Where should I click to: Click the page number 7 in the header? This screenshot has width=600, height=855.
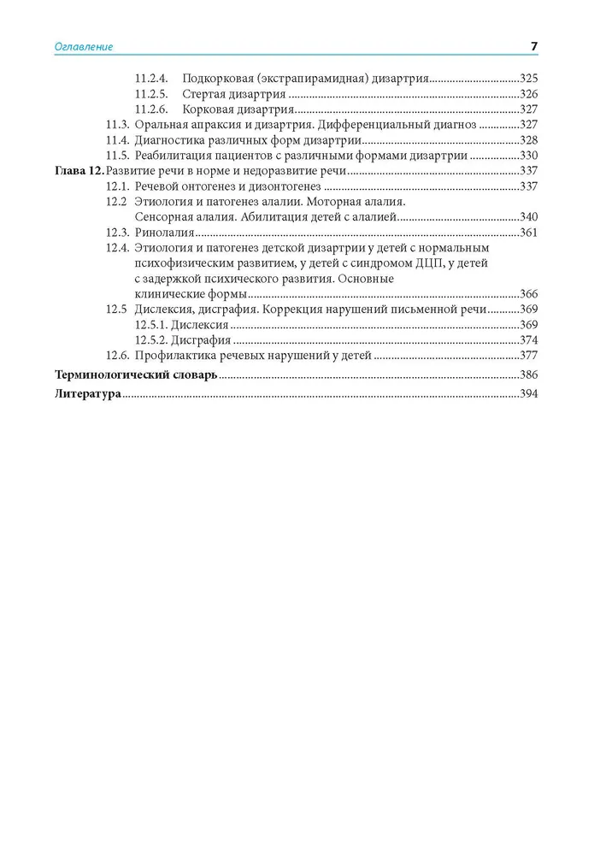pos(533,46)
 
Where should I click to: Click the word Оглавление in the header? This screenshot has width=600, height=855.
pos(84,47)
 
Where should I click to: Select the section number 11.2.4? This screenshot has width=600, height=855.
pos(152,78)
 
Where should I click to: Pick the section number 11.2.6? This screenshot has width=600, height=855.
pos(152,109)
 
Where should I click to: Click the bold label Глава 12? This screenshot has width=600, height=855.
pos(77,171)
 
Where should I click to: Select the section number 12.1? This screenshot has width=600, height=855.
pos(117,186)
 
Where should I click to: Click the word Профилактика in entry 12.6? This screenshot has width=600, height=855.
pos(172,357)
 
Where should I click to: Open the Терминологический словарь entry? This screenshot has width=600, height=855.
pos(136,375)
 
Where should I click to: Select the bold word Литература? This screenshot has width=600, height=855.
pos(86,394)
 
